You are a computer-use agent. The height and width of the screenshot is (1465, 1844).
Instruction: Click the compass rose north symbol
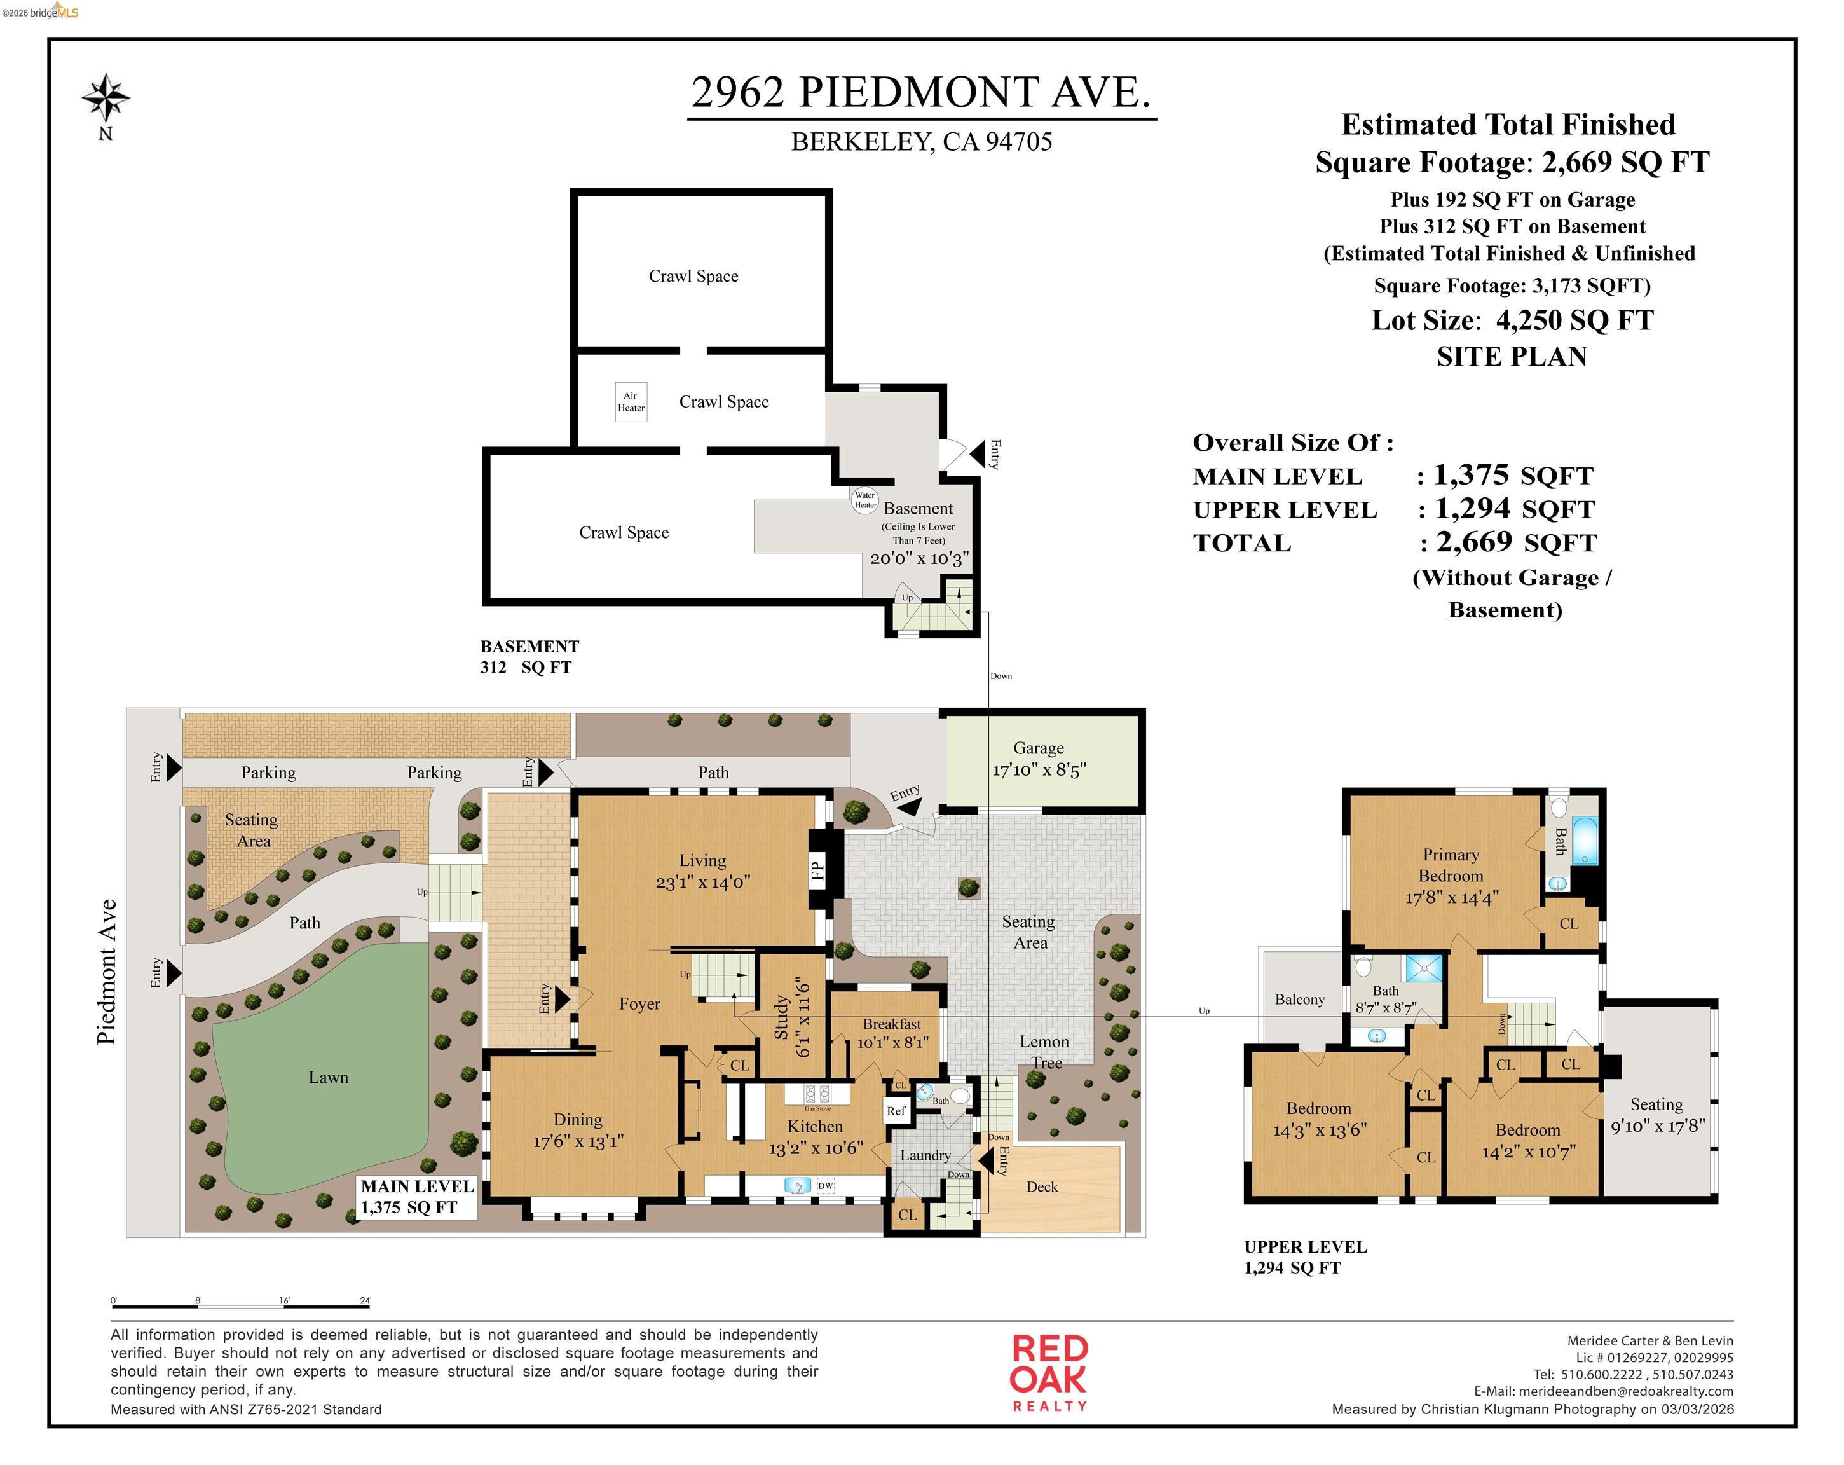pyautogui.click(x=106, y=99)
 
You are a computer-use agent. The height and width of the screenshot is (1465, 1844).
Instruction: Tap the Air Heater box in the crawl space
pyautogui.click(x=631, y=401)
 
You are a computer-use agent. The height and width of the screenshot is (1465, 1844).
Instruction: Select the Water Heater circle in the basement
pyautogui.click(x=864, y=500)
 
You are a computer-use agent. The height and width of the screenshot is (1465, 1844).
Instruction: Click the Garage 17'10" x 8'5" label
pyautogui.click(x=1038, y=759)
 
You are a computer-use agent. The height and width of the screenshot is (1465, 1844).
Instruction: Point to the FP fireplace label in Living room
pyautogui.click(x=817, y=871)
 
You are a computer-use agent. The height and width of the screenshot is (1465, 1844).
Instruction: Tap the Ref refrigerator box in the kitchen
pyautogui.click(x=896, y=1111)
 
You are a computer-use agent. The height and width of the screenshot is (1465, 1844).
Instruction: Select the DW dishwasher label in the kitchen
pyautogui.click(x=824, y=1186)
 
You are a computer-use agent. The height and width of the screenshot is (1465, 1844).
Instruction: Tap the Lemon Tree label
pyautogui.click(x=1044, y=1052)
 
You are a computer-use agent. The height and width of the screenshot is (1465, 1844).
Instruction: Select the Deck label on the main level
pyautogui.click(x=1042, y=1187)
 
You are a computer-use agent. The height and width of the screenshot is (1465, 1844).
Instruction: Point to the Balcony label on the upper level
pyautogui.click(x=1299, y=1000)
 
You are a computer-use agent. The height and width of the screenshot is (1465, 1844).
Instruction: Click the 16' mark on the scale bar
pyautogui.click(x=284, y=1302)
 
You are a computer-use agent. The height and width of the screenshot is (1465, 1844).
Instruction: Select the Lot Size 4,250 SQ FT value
pyautogui.click(x=1574, y=321)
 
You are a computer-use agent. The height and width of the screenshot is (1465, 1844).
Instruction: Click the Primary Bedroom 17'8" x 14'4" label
pyautogui.click(x=1451, y=876)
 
